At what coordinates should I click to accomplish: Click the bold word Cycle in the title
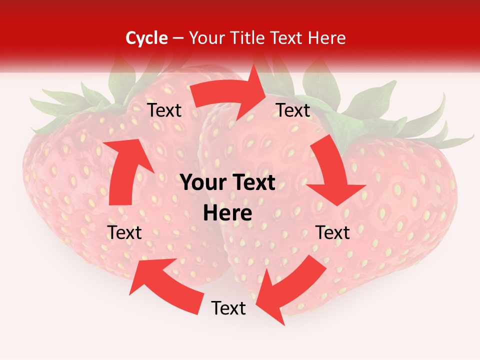click(146, 38)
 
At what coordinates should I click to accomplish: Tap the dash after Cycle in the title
click(178, 38)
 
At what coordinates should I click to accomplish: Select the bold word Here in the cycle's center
click(227, 213)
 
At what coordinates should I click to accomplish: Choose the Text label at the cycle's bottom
click(228, 308)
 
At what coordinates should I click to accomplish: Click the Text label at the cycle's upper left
click(164, 110)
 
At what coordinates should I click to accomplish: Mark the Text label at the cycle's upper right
click(293, 110)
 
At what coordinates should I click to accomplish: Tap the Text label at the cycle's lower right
click(332, 232)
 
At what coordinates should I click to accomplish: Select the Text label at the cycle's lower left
click(124, 232)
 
